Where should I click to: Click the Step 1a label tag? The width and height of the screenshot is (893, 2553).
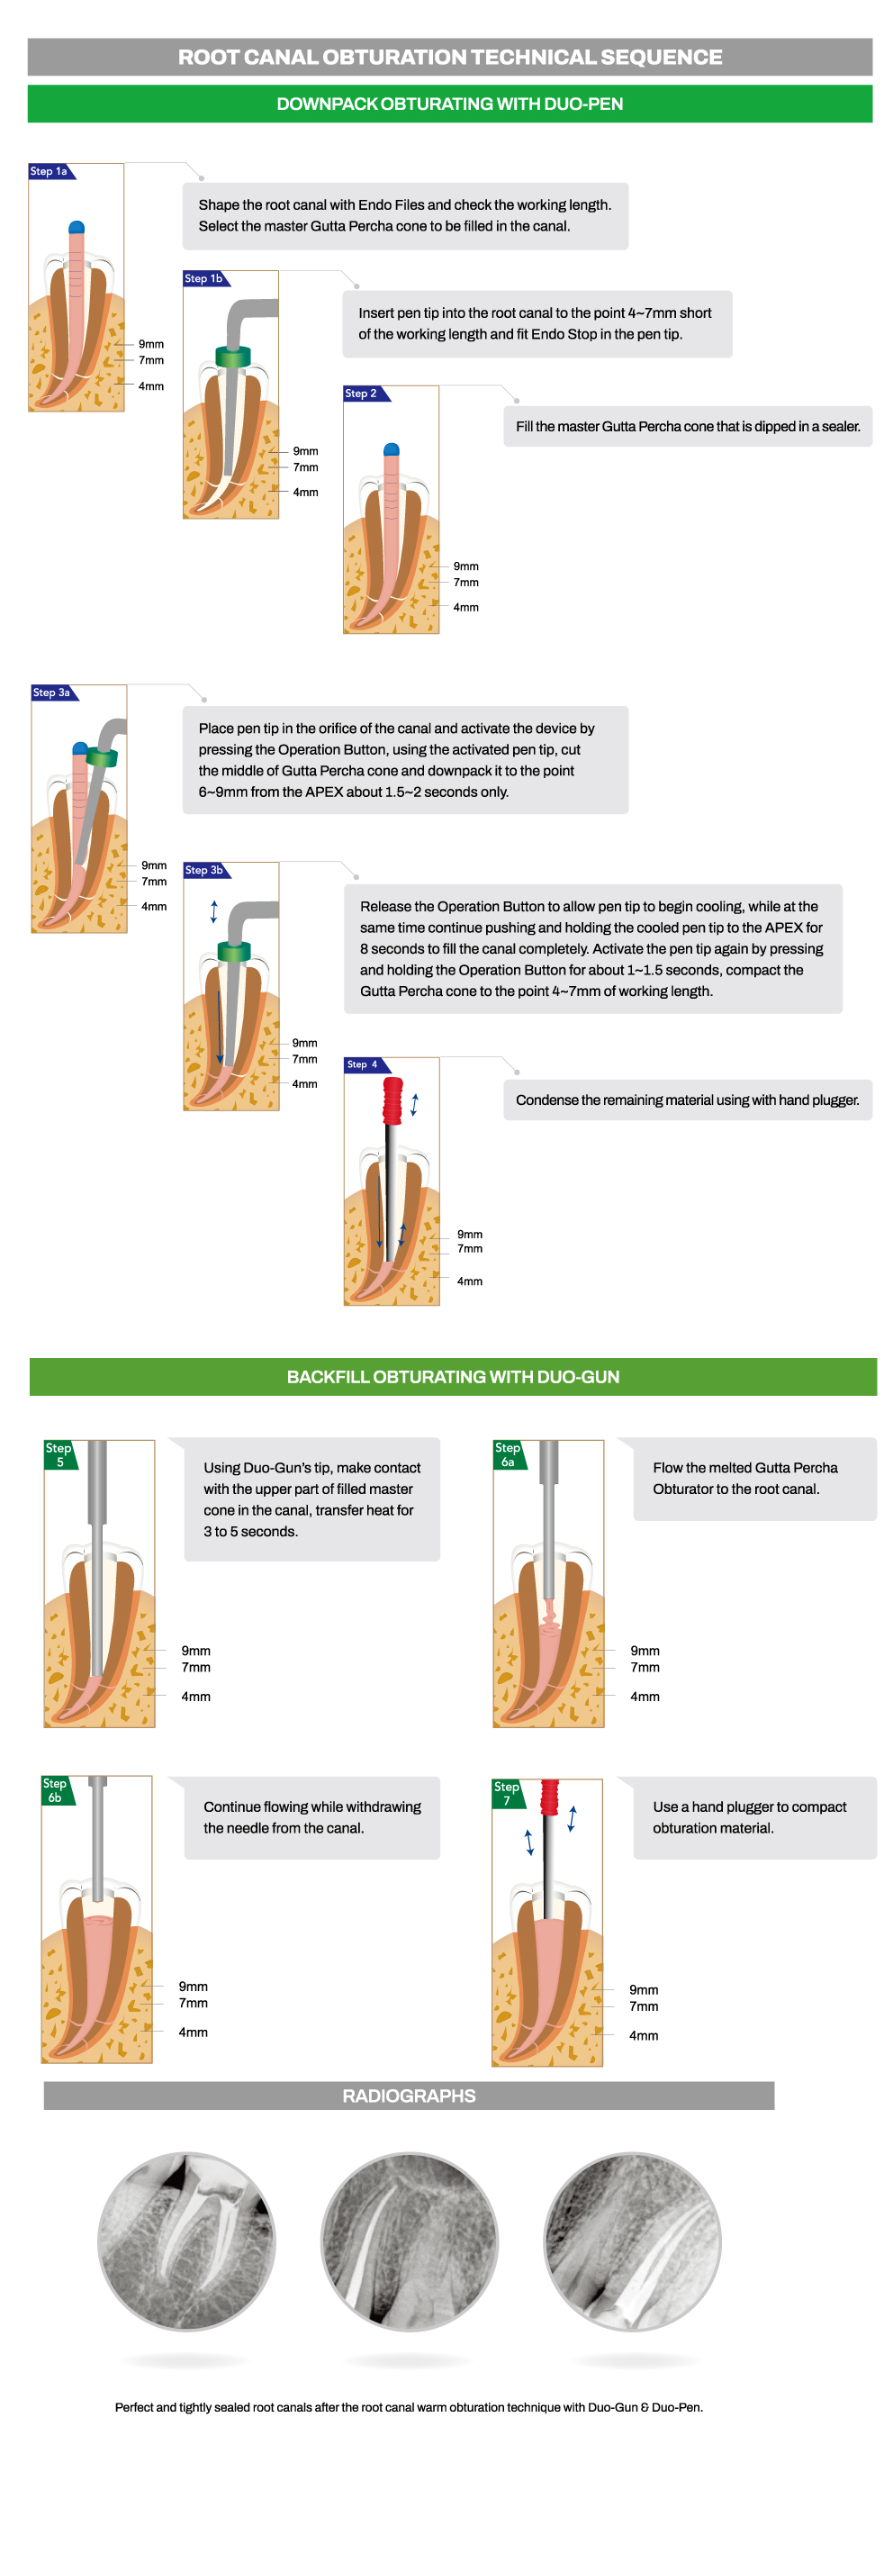point(50,171)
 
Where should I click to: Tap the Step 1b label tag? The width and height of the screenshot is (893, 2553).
point(204,278)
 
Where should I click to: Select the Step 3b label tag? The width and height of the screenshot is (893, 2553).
point(205,870)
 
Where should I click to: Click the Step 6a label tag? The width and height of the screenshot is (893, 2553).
point(508,1453)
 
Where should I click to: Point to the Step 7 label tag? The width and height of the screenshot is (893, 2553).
point(507,1793)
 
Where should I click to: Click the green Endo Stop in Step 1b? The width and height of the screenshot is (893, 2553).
point(233,357)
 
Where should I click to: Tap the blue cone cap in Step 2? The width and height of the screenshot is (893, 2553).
point(392,450)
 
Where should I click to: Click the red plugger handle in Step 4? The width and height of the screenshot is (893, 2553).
point(392,1100)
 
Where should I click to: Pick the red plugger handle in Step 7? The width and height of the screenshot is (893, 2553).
point(549,1796)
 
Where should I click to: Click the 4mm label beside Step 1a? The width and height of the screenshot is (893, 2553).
point(150,386)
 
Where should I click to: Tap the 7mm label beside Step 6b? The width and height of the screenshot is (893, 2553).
point(194,2003)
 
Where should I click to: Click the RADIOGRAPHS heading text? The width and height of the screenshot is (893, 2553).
point(409,2096)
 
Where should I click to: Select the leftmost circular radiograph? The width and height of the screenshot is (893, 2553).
point(186,2241)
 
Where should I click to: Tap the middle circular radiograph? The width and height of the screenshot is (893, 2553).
point(410,2241)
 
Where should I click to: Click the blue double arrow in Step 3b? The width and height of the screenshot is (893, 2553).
point(214,910)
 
